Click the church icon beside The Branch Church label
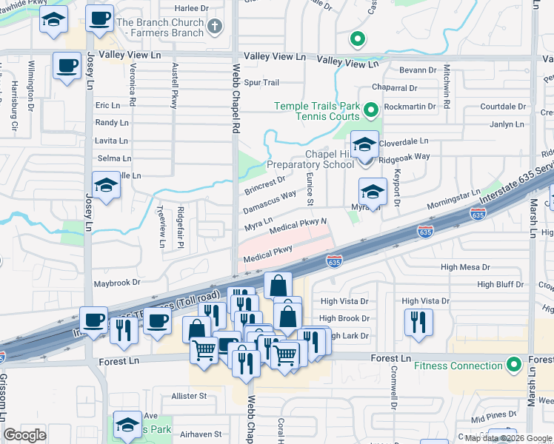coord(215,27)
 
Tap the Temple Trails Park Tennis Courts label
coord(317,111)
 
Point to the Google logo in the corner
coord(24,435)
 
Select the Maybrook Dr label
coord(116,283)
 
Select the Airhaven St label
coord(196,434)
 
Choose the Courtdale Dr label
coord(502,107)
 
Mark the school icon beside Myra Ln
coord(373,192)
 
